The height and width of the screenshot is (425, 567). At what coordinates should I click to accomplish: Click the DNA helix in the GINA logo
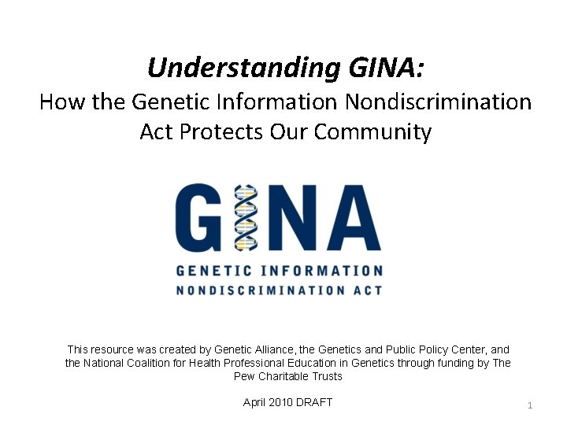246,216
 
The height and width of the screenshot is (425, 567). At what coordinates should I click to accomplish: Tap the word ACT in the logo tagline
365,290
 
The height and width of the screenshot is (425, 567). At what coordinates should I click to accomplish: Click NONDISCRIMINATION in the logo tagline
257,290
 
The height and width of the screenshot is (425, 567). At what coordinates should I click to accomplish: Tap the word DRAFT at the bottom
314,402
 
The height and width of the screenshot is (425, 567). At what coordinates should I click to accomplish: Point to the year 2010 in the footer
281,402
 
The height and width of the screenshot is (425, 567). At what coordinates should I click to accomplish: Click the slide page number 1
530,405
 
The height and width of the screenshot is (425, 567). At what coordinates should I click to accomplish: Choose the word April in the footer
256,402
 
